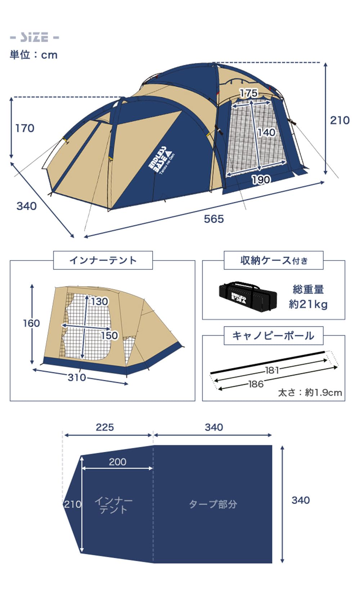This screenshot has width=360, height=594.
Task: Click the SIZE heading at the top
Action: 34,37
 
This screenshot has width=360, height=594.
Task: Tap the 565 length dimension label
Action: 213,219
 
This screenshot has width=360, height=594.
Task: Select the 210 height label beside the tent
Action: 339,120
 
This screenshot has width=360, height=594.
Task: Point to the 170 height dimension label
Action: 25,128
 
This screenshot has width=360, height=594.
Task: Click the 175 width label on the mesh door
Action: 249,93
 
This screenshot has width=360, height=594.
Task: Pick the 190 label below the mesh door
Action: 261,179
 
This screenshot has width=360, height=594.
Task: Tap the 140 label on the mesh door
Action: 266,132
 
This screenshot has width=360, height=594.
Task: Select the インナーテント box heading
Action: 103,260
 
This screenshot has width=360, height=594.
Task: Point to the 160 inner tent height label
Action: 31,323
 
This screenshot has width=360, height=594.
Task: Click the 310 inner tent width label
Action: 77,377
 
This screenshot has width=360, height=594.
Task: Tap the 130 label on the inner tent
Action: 99,301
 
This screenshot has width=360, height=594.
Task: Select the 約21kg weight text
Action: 308,304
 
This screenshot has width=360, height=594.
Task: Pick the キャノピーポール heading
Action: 273,336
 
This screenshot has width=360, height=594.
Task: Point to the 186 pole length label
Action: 256,384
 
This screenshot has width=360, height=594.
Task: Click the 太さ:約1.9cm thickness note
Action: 310,392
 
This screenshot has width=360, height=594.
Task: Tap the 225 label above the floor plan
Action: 105,427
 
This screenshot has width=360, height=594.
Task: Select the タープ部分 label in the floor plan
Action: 213,504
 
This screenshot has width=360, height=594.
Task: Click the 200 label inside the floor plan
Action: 117,462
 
